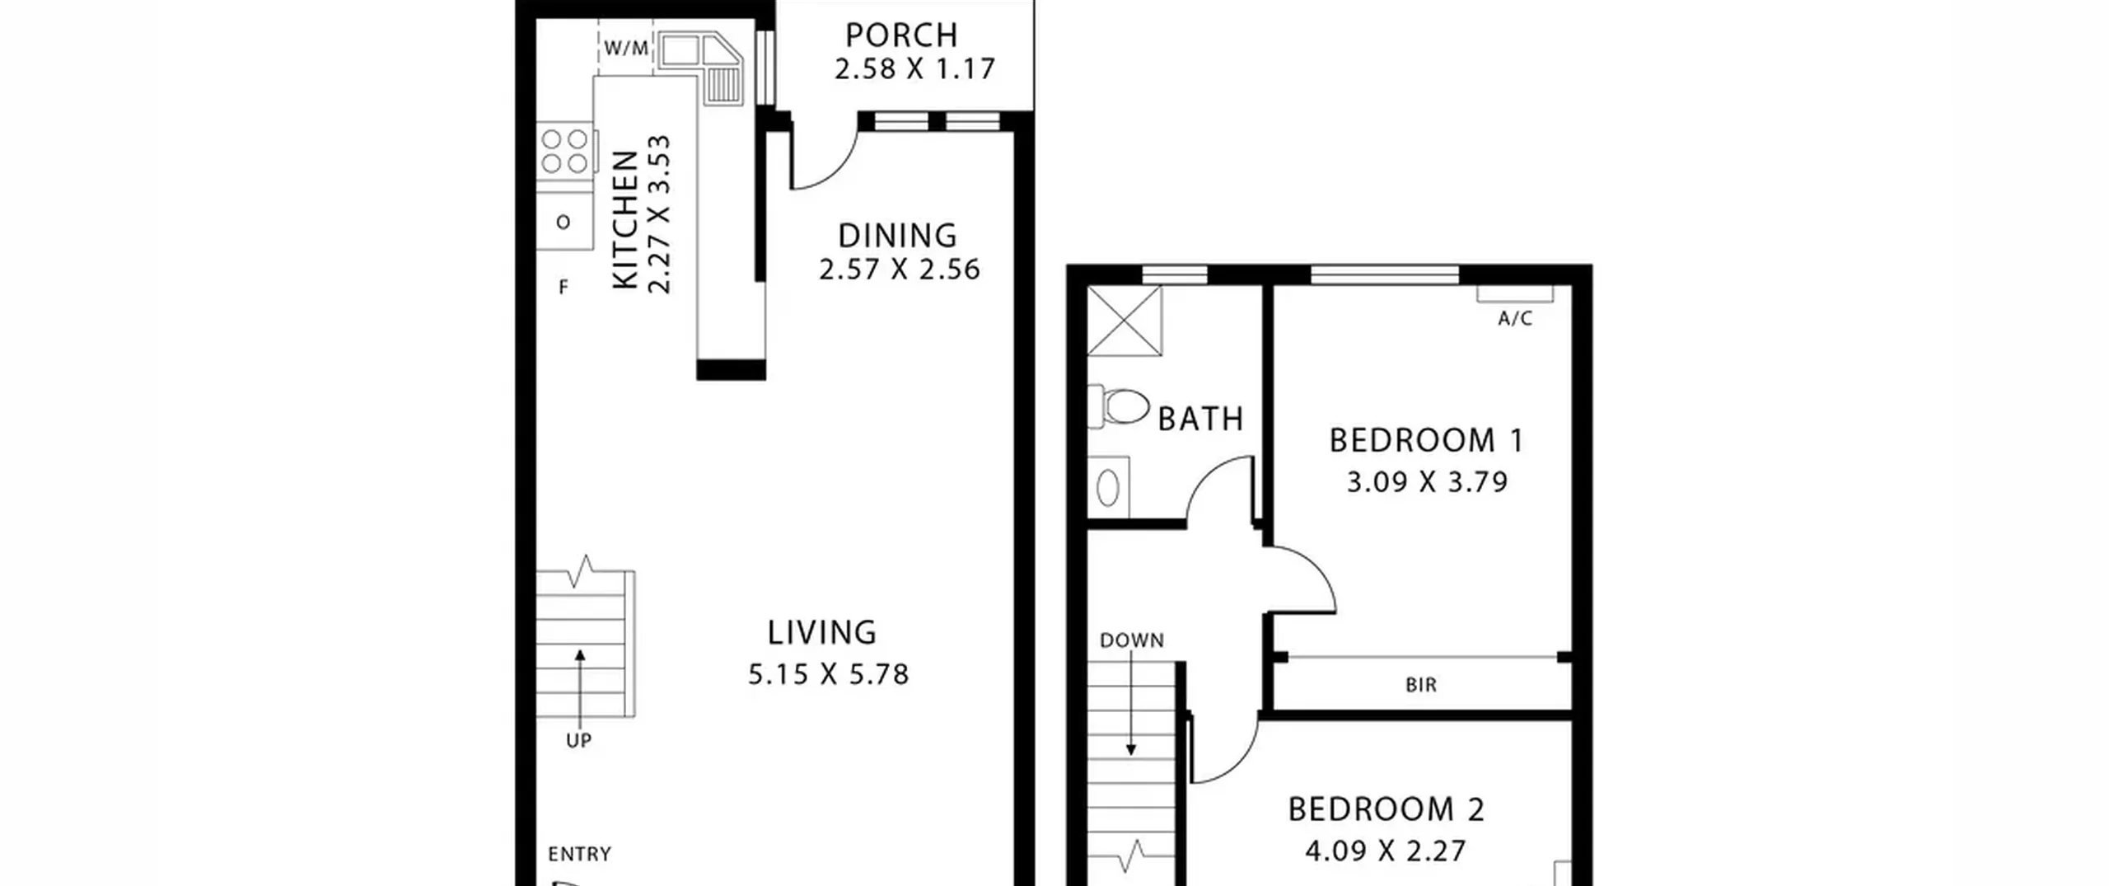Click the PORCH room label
pyautogui.click(x=901, y=35)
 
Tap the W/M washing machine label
pyautogui.click(x=626, y=48)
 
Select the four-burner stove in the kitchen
pyautogui.click(x=565, y=151)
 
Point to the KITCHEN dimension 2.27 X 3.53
pyautogui.click(x=659, y=214)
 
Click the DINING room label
pyautogui.click(x=897, y=236)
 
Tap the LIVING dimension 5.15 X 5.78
pyautogui.click(x=828, y=674)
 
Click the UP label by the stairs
pyautogui.click(x=578, y=740)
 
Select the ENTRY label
pyautogui.click(x=579, y=854)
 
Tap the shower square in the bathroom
pyautogui.click(x=1125, y=321)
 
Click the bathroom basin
pyautogui.click(x=1108, y=487)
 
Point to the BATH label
pyautogui.click(x=1200, y=420)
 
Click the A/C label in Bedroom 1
pyautogui.click(x=1515, y=319)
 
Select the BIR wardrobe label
pyautogui.click(x=1421, y=685)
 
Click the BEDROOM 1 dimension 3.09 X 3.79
pyautogui.click(x=1427, y=481)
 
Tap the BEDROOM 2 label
pyautogui.click(x=1387, y=809)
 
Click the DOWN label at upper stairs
pyautogui.click(x=1132, y=640)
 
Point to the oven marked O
pyautogui.click(x=563, y=222)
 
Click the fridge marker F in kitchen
pyautogui.click(x=563, y=287)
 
